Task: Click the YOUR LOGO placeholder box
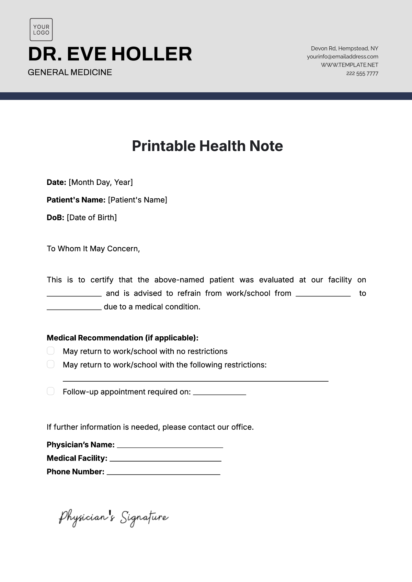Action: click(41, 30)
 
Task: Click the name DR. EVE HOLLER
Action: click(110, 54)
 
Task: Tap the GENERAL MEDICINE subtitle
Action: click(70, 72)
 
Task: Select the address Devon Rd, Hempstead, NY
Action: click(344, 48)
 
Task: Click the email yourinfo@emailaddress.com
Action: click(342, 57)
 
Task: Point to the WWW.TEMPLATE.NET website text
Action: click(349, 65)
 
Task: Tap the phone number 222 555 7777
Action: click(362, 73)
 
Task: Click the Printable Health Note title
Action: click(207, 146)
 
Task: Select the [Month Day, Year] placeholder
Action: click(101, 182)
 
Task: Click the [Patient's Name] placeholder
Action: click(137, 200)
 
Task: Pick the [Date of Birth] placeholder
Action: click(92, 218)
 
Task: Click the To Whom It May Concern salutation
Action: click(93, 248)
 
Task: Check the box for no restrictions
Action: click(50, 351)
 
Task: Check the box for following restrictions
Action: click(50, 364)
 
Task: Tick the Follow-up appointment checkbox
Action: click(50, 391)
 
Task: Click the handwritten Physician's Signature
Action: click(113, 517)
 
